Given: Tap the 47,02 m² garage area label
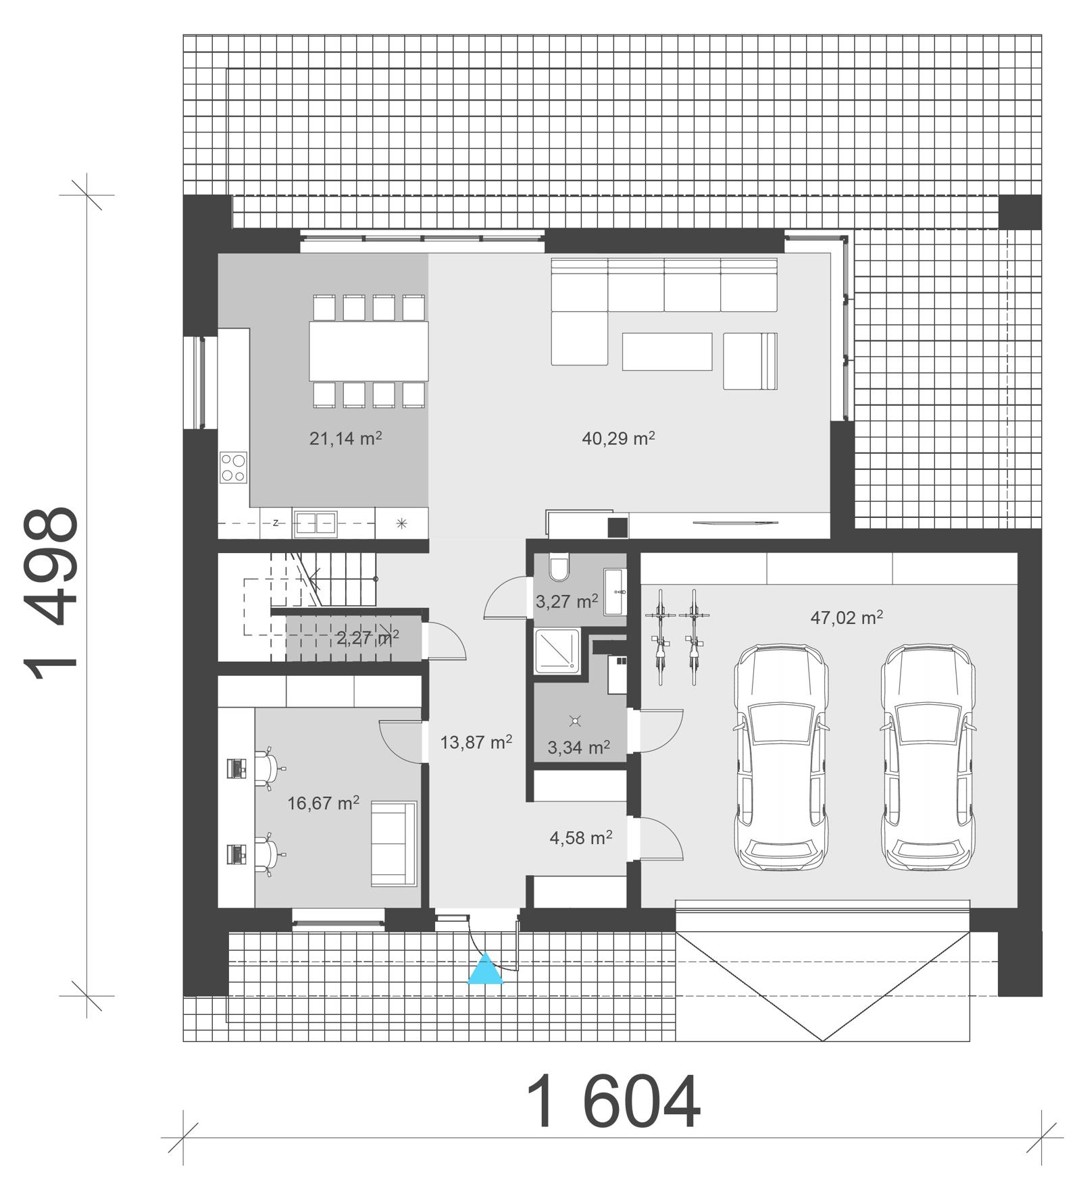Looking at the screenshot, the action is (x=847, y=617).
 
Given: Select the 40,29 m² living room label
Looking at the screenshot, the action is (x=618, y=439).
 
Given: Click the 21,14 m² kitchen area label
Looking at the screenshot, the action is (x=345, y=439).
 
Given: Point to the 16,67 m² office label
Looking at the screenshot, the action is (x=323, y=803).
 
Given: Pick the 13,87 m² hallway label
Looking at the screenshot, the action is (x=476, y=742).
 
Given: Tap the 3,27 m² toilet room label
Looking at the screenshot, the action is (x=566, y=601).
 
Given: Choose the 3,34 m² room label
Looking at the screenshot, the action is (x=578, y=747).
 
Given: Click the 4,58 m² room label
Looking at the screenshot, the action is (x=580, y=838).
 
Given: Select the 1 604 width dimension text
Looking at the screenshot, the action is (x=613, y=1103).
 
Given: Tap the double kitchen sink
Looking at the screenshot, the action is (x=315, y=524).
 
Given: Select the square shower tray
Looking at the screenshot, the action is (x=557, y=651).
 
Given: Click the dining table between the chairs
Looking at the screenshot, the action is (x=369, y=351).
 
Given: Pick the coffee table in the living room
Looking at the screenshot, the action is (x=667, y=351).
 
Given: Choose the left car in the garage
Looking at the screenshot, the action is (x=782, y=757).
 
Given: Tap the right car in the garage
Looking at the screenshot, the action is (x=928, y=757).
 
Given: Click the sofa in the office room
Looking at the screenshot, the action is (x=393, y=843).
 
